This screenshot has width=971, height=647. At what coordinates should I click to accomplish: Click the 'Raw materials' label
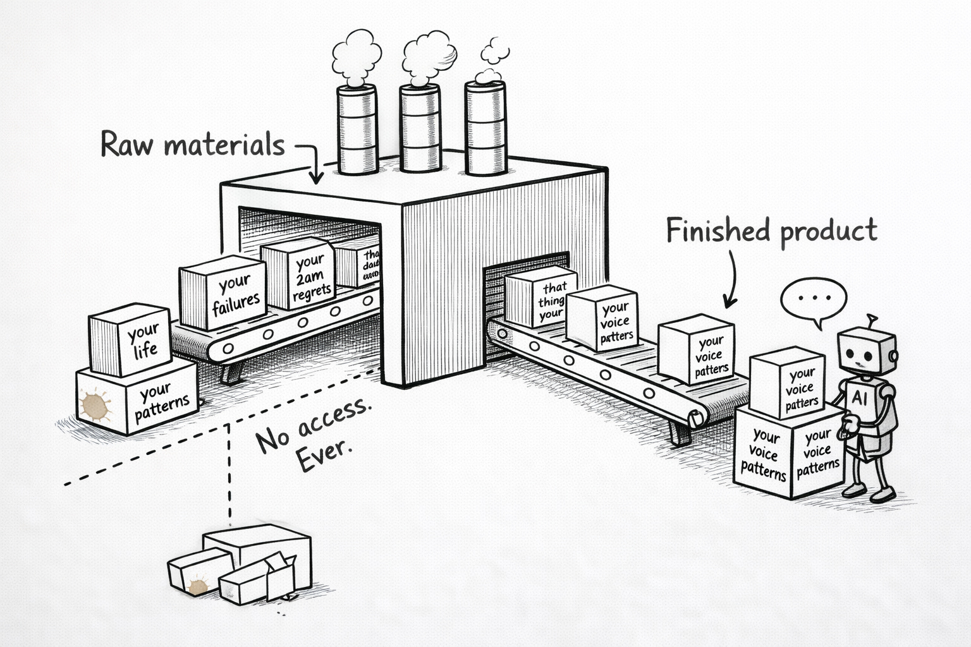[193, 145]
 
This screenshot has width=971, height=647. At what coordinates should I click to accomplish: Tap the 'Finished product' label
[771, 231]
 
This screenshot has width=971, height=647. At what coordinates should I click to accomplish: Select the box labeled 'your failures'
[223, 293]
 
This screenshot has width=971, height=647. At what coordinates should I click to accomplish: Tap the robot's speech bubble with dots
[814, 298]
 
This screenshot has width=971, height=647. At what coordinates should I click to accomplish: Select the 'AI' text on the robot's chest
[860, 397]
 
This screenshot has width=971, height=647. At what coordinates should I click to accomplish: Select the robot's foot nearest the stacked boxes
[853, 490]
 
